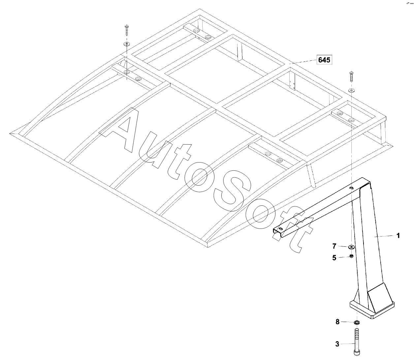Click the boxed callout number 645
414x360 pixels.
pos(324,60)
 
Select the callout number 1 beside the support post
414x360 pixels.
pos(398,235)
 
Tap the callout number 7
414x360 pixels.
pos(334,246)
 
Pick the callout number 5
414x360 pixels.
pos(334,258)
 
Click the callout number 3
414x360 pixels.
pos(337,344)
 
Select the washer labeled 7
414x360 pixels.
pos(351,247)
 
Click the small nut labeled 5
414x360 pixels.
pos(351,256)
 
